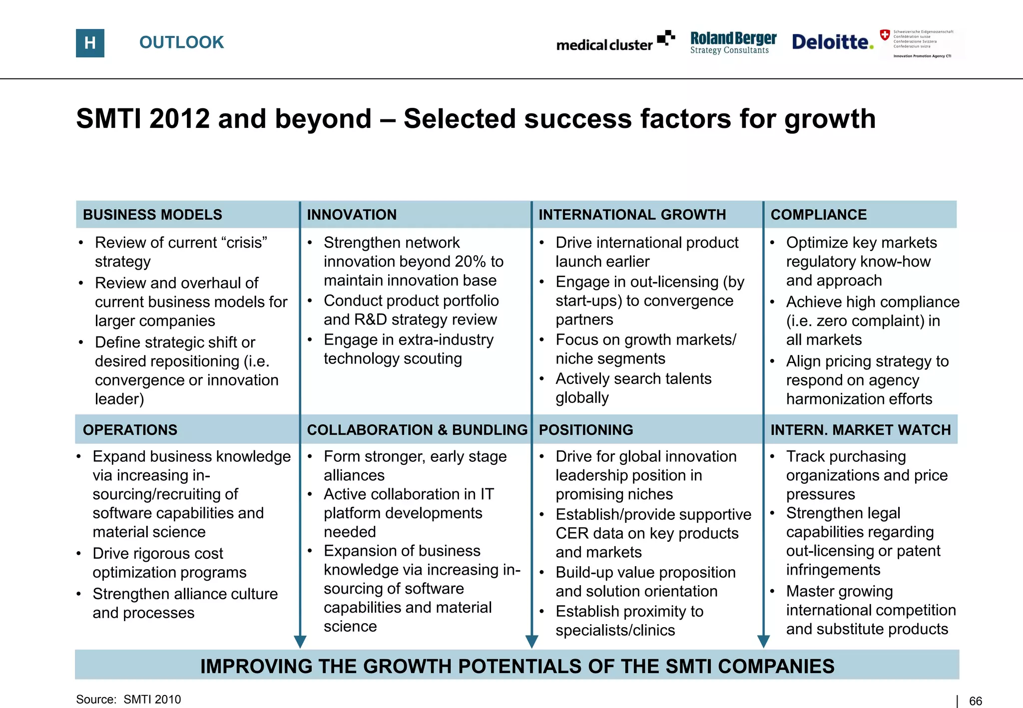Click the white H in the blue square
pyautogui.click(x=90, y=43)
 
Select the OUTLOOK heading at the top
pyautogui.click(x=181, y=42)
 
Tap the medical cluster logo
pyautogui.click(x=615, y=42)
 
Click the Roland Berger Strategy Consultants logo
pyautogui.click(x=733, y=42)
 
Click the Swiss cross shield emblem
pyautogui.click(x=885, y=35)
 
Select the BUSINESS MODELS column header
pyautogui.click(x=152, y=215)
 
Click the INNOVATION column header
pyautogui.click(x=352, y=215)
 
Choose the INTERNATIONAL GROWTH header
pyautogui.click(x=632, y=215)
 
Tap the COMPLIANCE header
pyautogui.click(x=818, y=215)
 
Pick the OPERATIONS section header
pyautogui.click(x=130, y=430)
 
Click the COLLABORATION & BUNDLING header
pyautogui.click(x=417, y=430)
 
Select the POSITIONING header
pyautogui.click(x=585, y=430)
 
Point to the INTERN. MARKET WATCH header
pyautogui.click(x=860, y=430)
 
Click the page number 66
pyautogui.click(x=975, y=701)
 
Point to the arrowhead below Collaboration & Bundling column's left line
pyautogui.click(x=300, y=642)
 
